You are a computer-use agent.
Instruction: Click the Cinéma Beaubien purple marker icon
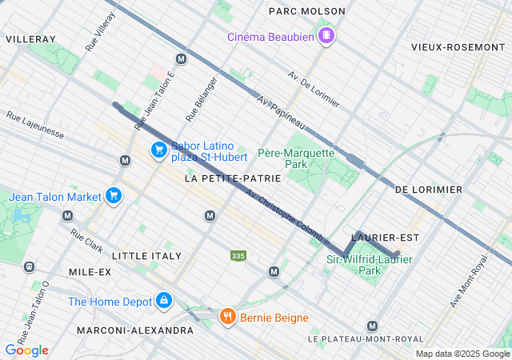coord(326,36)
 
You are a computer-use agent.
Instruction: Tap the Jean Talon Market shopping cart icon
coord(114,195)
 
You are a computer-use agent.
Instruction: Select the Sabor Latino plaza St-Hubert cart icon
coord(158,150)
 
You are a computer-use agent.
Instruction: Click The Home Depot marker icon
coord(163,301)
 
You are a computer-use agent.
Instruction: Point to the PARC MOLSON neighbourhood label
coord(307,11)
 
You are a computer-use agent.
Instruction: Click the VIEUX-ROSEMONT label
coord(458,47)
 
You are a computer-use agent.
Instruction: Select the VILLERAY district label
coord(30,38)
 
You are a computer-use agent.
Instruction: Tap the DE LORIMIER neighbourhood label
coord(429,190)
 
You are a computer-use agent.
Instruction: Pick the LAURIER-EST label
coord(386,238)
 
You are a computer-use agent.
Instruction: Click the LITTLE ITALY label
coord(146,256)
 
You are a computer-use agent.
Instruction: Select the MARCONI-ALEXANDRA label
coord(135,330)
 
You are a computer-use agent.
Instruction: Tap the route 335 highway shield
coord(238,256)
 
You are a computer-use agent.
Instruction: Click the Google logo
coord(26,350)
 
